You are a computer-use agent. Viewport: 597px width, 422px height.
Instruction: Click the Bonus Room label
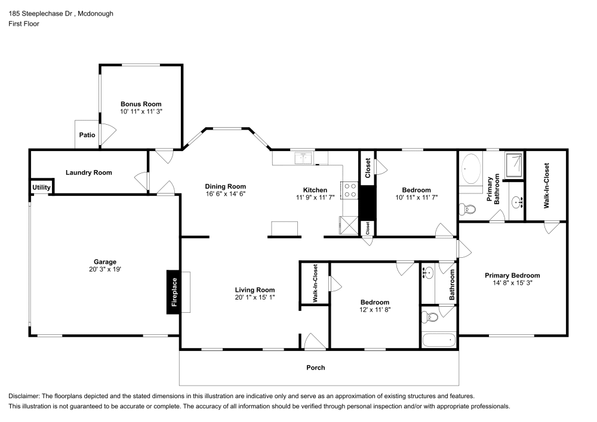[141, 104]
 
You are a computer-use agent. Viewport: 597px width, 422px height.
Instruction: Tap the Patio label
[87, 135]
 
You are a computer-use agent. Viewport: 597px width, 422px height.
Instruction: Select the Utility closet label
[41, 187]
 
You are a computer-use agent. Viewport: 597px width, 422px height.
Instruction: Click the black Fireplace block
[174, 292]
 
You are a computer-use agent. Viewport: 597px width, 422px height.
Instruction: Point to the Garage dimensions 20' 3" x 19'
[104, 269]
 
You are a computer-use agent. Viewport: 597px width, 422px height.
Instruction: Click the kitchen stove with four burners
[350, 190]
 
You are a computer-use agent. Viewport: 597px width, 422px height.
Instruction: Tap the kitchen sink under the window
[304, 158]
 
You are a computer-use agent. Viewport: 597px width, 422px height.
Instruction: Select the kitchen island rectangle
[285, 229]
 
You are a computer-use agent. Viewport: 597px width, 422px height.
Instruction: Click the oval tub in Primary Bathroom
[472, 169]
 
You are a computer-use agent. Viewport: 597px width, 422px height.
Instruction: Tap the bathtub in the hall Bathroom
[439, 341]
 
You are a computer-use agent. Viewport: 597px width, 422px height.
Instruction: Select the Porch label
[316, 368]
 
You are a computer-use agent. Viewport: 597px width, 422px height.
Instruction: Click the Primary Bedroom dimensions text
[512, 284]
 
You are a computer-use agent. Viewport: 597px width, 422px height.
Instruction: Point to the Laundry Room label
[89, 173]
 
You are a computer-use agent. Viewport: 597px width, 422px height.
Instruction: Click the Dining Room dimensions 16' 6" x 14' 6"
[225, 194]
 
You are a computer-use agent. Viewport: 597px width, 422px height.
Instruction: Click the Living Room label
[254, 289]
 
